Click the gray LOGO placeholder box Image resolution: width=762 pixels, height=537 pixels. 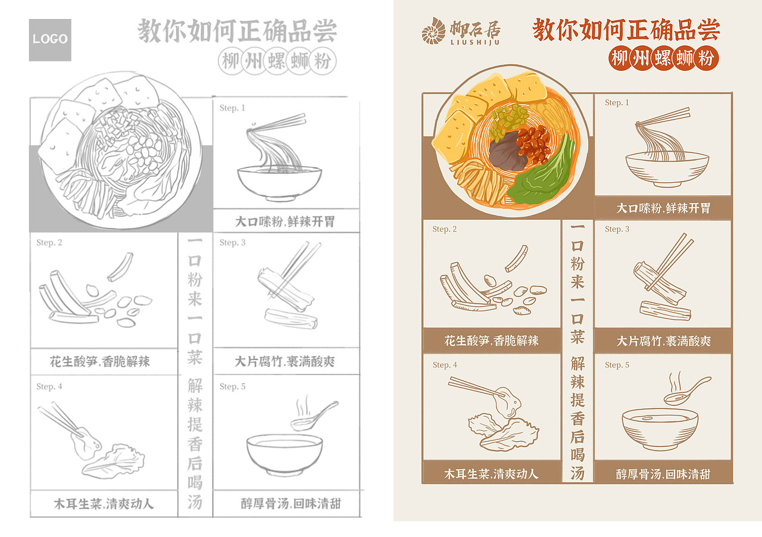[x=50, y=40]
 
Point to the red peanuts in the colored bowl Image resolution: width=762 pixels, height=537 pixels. [x=534, y=144]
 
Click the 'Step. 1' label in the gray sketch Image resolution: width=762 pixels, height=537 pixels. [x=232, y=108]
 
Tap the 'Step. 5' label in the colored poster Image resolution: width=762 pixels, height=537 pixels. [x=617, y=365]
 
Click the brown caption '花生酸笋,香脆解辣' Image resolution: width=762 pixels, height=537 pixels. [x=492, y=341]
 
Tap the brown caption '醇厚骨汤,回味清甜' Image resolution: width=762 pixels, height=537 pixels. [x=663, y=474]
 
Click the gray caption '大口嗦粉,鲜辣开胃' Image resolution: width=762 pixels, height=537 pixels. [x=285, y=221]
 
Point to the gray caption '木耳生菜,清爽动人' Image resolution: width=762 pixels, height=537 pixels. [x=104, y=504]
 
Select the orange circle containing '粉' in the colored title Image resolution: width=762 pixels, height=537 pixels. [x=707, y=59]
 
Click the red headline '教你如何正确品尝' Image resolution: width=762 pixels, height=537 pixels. [x=626, y=29]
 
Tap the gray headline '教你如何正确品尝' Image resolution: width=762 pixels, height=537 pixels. [x=238, y=30]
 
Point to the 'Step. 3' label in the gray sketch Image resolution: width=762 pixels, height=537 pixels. [x=232, y=242]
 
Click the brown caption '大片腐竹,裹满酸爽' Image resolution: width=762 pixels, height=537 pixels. [x=663, y=341]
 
